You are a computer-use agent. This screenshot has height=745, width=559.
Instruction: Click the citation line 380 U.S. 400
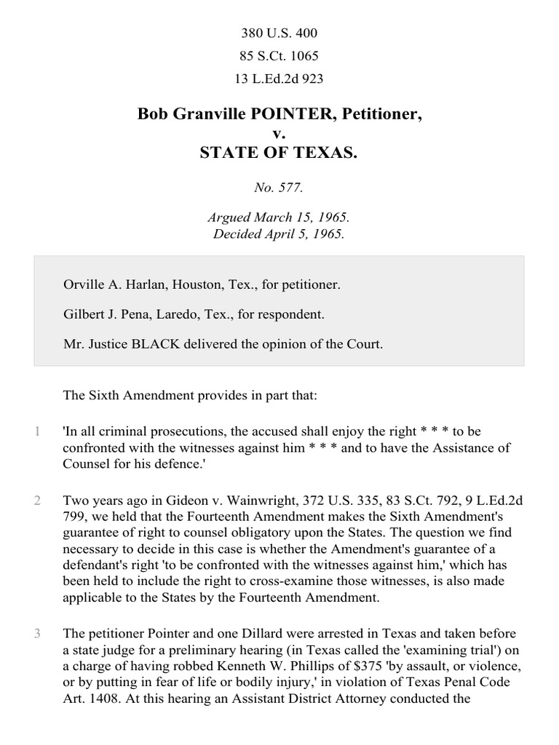coord(279,33)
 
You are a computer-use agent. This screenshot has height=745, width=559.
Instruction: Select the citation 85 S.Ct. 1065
coord(279,56)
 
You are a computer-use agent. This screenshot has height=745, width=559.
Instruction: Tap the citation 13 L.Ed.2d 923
coord(279,79)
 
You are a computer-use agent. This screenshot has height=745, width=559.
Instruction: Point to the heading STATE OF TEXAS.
coord(279,154)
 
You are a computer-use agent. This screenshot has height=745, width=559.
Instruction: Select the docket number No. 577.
coord(279,188)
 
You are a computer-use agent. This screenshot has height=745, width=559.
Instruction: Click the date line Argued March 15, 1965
coord(279,218)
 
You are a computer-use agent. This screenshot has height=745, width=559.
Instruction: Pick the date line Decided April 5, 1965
coord(279,234)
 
